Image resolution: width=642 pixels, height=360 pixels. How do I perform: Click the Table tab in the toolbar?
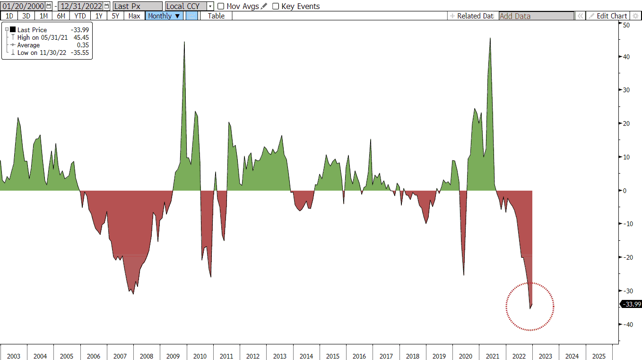pos(216,16)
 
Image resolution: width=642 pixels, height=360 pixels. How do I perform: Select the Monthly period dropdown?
pos(164,16)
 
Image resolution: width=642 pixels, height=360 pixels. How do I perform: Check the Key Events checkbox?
pos(276,6)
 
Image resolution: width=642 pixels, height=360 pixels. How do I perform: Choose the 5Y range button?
pos(115,16)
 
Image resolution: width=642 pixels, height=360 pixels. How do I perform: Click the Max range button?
pos(134,16)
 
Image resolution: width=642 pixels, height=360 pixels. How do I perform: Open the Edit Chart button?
pos(608,16)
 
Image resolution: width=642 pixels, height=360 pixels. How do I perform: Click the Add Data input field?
pos(536,16)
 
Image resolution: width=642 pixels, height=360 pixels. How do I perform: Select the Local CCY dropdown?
pos(189,6)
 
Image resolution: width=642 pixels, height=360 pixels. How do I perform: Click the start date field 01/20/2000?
pos(23,6)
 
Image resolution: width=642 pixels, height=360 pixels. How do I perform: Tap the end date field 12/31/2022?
pos(81,6)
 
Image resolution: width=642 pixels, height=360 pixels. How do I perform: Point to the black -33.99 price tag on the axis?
pos(631,304)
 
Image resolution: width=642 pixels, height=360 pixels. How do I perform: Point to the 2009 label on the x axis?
pos(173,356)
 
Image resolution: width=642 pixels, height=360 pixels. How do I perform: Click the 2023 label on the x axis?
pos(546,356)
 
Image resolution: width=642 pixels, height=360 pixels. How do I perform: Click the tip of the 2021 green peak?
pos(490,38)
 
